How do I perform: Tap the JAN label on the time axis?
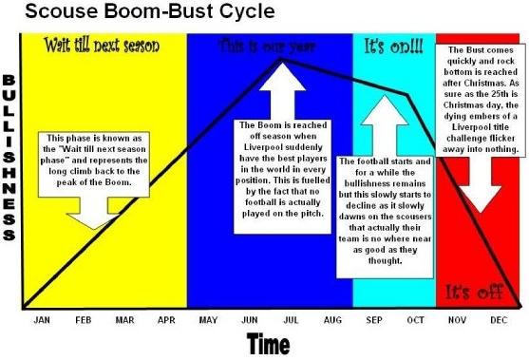pyautogui.click(x=41, y=320)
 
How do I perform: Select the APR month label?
pyautogui.click(x=166, y=320)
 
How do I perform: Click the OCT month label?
pyautogui.click(x=415, y=320)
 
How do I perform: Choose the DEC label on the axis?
pyautogui.click(x=498, y=320)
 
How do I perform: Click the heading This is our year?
pyautogui.click(x=270, y=45)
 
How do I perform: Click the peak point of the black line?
pyautogui.click(x=282, y=59)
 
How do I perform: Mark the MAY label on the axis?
pyautogui.click(x=207, y=320)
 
